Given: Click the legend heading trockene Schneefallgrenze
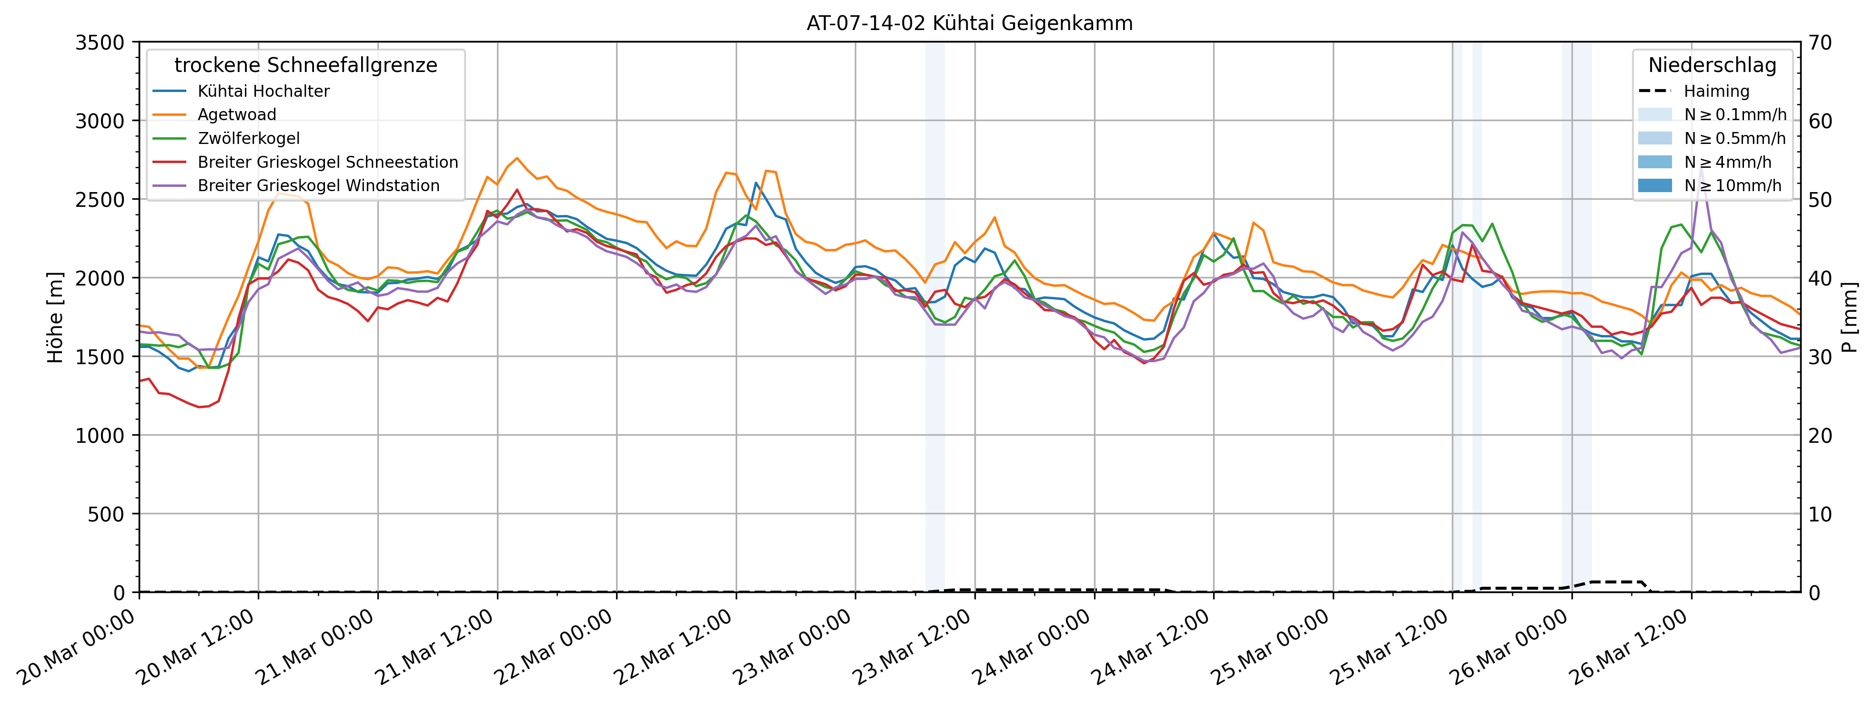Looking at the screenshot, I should coord(306,65).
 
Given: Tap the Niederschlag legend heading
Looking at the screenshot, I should coord(1712,65).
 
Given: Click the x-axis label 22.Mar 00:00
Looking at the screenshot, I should coord(555,648).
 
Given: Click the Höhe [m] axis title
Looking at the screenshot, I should coord(55,317).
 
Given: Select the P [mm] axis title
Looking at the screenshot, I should coord(1850,317).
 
